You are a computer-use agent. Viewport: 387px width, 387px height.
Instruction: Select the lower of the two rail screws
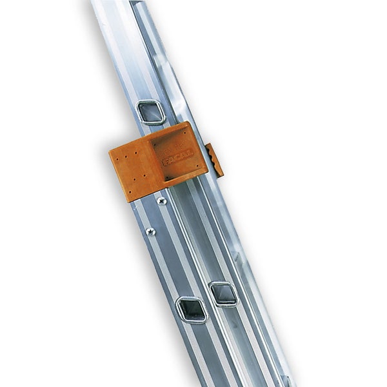(x=150, y=231)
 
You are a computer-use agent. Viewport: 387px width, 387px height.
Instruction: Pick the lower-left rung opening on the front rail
(x=192, y=309)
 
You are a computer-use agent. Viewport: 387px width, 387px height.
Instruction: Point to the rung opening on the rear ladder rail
(x=223, y=293)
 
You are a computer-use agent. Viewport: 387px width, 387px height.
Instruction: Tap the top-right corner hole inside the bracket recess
(x=184, y=133)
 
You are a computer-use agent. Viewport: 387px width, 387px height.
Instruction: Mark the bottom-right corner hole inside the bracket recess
(x=197, y=166)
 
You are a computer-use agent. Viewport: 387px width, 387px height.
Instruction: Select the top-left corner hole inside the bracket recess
(x=155, y=144)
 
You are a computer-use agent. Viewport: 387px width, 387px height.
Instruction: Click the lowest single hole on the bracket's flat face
(x=130, y=192)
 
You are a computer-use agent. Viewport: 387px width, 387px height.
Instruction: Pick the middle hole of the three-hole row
(x=126, y=157)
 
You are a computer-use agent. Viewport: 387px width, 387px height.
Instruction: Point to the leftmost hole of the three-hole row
(x=117, y=159)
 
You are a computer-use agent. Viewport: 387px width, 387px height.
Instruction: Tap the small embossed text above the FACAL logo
(x=172, y=148)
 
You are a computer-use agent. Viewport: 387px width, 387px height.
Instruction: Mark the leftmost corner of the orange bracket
(x=110, y=153)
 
